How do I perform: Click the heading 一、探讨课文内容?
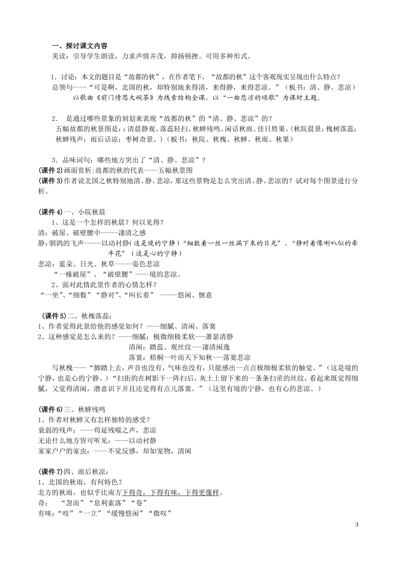tap(79, 46)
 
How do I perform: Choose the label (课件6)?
tap(50, 409)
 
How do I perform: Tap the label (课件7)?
tap(50, 472)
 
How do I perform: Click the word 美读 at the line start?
tap(58, 56)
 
